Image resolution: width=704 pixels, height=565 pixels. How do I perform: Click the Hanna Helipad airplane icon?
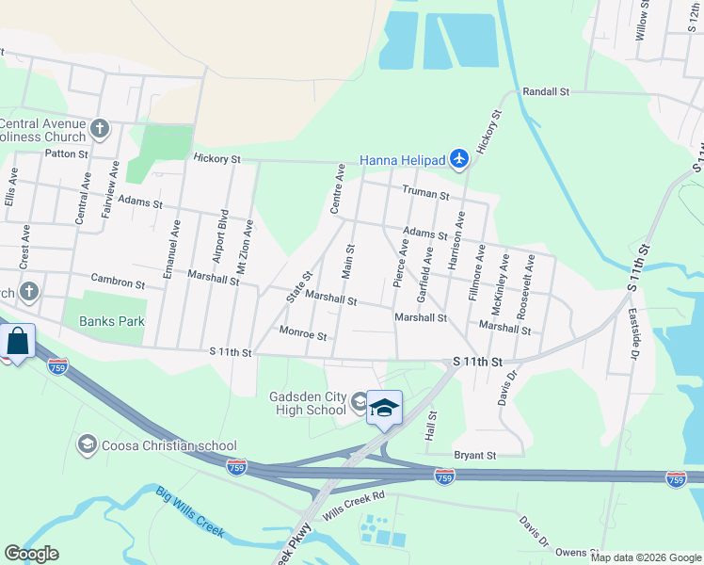458,160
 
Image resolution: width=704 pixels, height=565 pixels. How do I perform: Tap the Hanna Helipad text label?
404,161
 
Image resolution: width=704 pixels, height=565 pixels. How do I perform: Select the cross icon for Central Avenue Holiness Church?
101,128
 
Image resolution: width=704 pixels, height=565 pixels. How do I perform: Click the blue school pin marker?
384,408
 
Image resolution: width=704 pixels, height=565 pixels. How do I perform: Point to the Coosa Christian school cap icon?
88,444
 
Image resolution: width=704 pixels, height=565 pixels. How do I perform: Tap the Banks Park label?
112,321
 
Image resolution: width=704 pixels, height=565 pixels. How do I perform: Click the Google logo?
31,553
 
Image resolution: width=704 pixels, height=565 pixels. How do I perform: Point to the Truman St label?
425,193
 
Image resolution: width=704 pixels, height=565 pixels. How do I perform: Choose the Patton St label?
66,153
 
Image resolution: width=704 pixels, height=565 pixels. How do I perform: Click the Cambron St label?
118,281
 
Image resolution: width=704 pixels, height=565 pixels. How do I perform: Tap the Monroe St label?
303,333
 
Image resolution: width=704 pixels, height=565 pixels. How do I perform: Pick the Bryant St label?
475,456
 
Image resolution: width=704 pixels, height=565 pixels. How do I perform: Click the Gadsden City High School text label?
309,403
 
